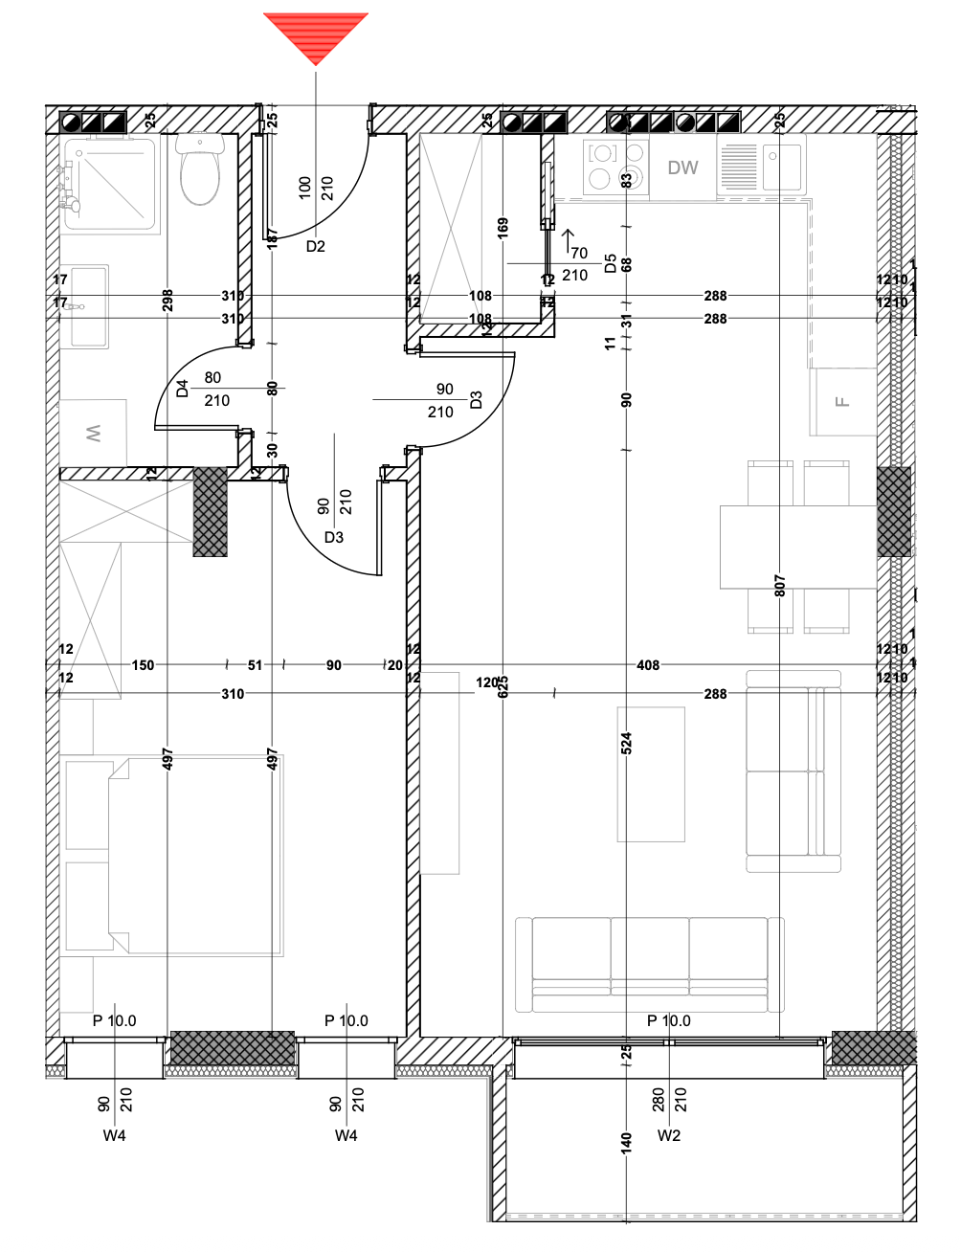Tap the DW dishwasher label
point(682,168)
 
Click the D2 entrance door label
point(316,246)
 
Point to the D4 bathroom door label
point(183,389)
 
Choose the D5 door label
point(610,264)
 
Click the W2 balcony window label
point(669,1135)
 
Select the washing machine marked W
point(94,434)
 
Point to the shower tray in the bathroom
point(109,184)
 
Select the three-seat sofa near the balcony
point(650,964)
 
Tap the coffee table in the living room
point(651,773)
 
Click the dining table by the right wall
point(798,547)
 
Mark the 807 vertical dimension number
point(780,585)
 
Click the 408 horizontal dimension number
point(648,664)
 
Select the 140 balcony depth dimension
point(626,1142)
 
